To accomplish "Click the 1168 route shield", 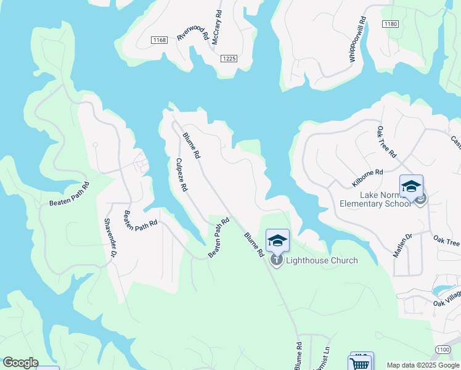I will point(159,40).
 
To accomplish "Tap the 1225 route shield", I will point(229,58).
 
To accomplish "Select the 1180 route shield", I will point(390,24).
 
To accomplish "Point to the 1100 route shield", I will point(443,350).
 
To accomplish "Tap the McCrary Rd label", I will point(218,25).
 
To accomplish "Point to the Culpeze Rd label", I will point(181,175).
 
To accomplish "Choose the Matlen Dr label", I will point(402,245).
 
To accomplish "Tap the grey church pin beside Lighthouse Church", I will point(277,261).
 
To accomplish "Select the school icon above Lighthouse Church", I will point(277,240).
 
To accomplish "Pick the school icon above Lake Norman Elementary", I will point(411,186).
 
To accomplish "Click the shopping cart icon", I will point(359,364).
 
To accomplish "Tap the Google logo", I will point(20,363).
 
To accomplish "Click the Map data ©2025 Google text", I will point(422,365).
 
